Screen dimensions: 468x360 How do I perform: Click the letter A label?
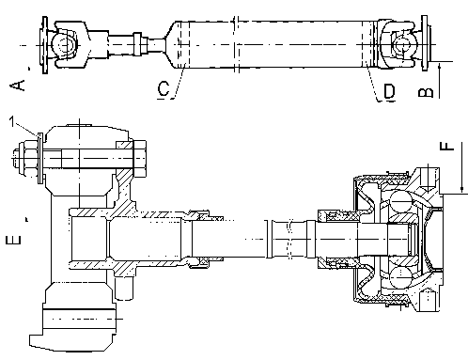18,86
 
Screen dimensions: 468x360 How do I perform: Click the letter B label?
426,92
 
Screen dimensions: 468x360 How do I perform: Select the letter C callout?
164,88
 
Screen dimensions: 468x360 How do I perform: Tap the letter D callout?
390,91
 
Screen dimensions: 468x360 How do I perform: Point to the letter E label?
13,240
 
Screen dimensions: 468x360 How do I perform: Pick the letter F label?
446,146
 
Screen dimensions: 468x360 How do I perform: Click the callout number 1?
12,122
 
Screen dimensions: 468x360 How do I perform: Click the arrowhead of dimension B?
439,66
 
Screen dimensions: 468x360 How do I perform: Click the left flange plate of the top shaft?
45,45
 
